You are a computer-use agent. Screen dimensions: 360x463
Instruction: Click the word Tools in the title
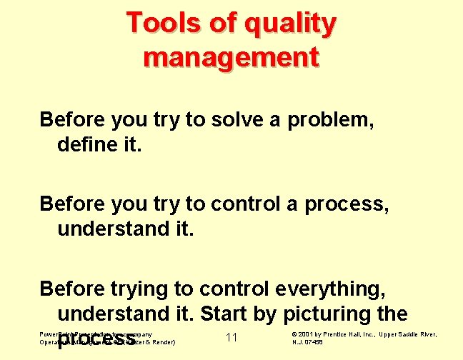[163, 23]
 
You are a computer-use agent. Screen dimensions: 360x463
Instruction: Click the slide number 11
[231, 337]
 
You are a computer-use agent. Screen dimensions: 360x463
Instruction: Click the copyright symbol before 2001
[295, 334]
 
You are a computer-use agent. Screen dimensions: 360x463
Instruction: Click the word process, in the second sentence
[347, 205]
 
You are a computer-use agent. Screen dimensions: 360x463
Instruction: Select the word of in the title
[221, 23]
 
